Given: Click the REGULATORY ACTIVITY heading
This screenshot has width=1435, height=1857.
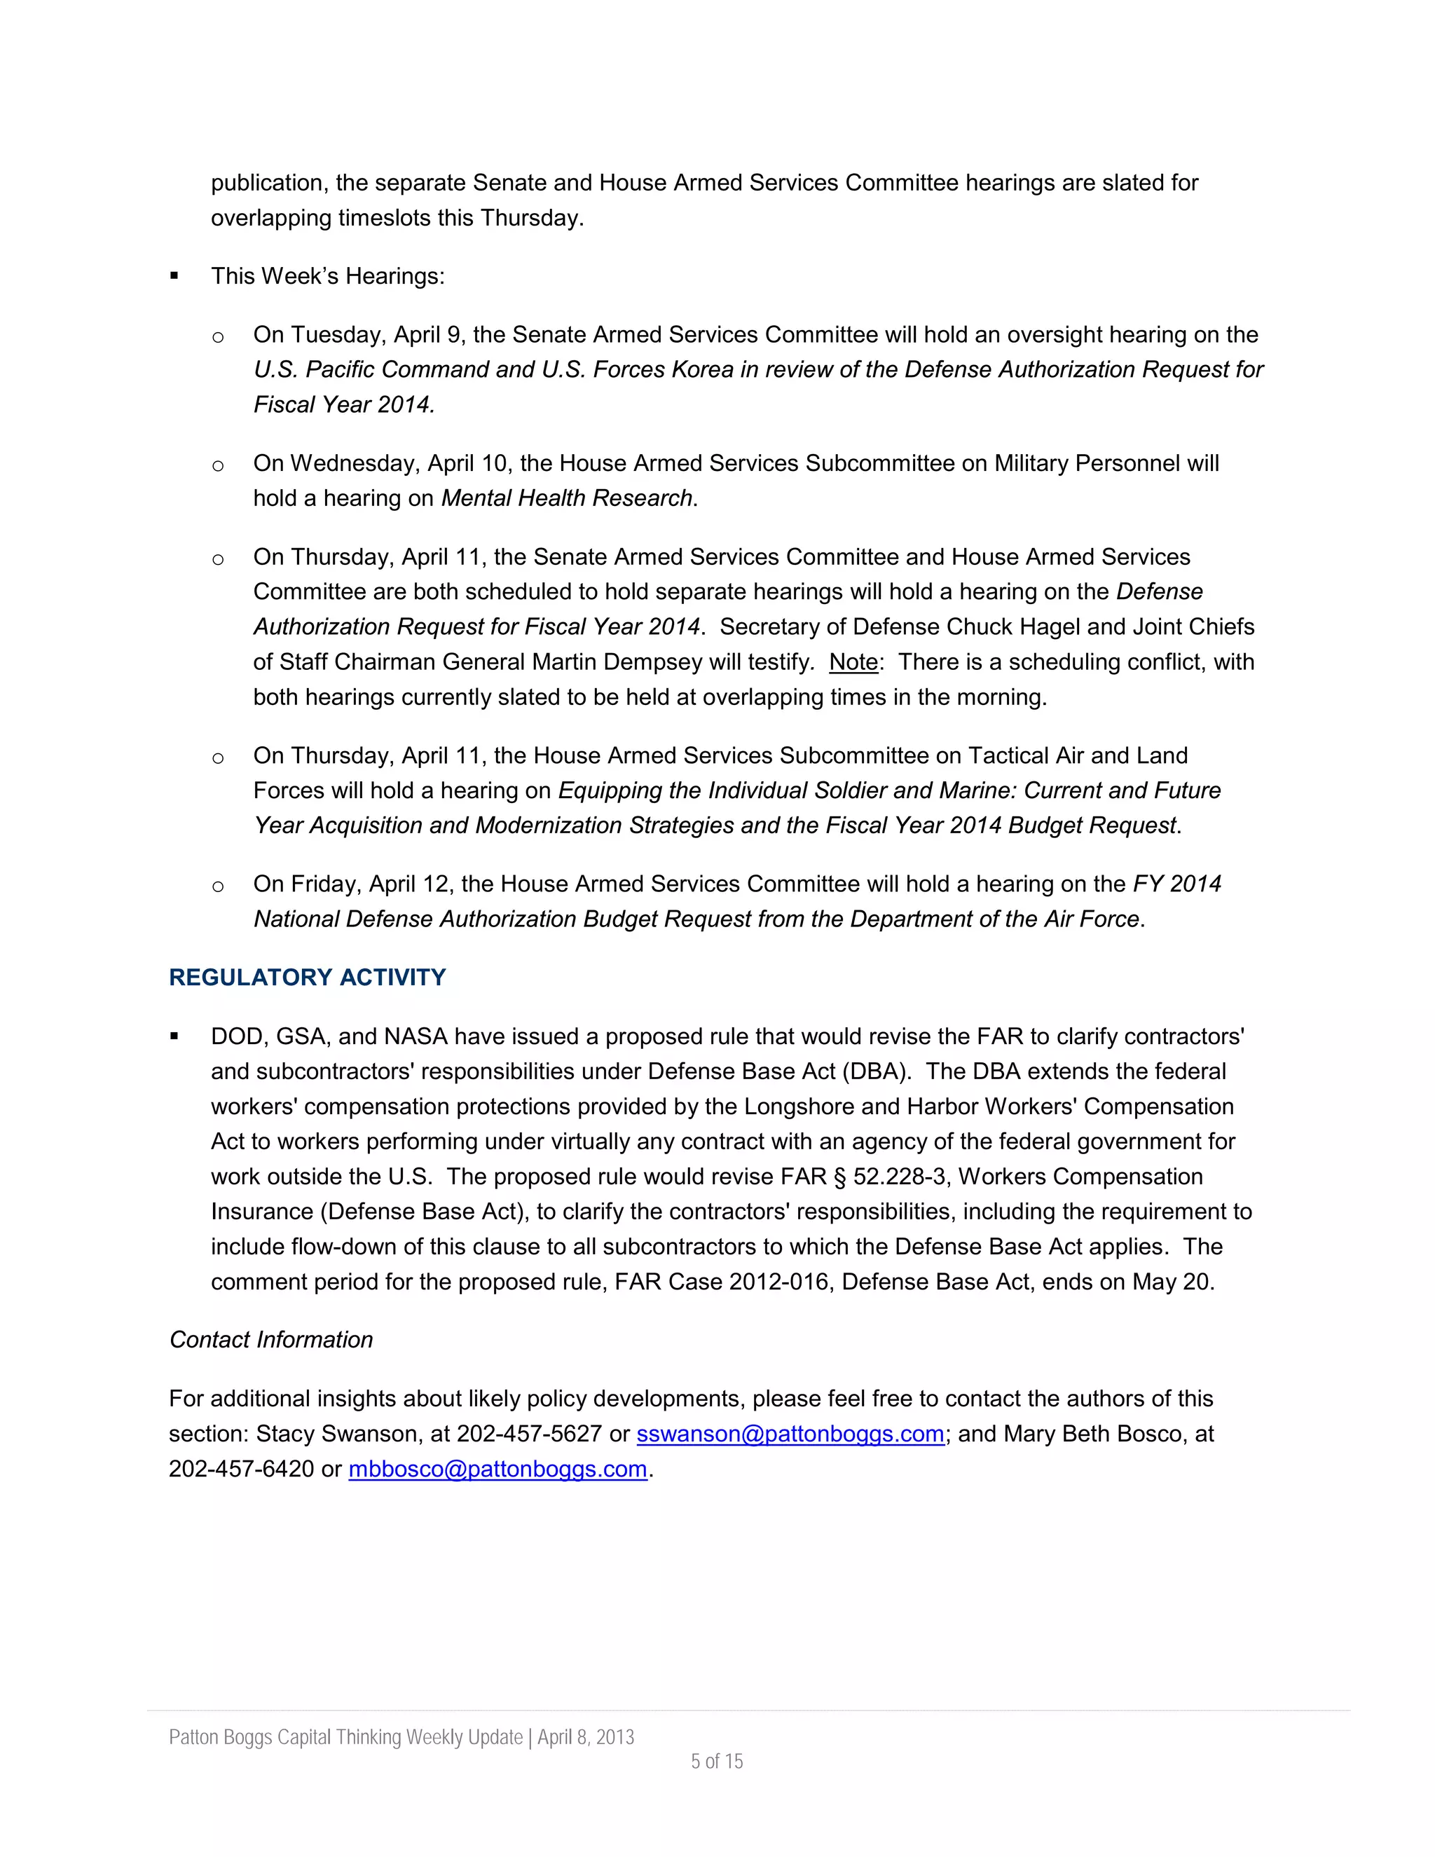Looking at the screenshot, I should (x=307, y=977).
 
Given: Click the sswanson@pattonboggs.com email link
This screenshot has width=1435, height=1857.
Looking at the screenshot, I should (x=790, y=1434).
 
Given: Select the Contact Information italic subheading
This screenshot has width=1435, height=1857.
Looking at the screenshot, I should (x=271, y=1339).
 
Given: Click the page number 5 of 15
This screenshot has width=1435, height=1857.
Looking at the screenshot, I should (x=717, y=1761).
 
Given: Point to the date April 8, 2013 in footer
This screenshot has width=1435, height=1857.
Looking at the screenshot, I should (x=586, y=1737).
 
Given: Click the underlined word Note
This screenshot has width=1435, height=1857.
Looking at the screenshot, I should (x=853, y=662).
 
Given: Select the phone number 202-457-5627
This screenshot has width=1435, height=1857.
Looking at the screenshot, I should (x=529, y=1434).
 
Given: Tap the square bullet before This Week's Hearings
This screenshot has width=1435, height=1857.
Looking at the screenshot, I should (x=174, y=275).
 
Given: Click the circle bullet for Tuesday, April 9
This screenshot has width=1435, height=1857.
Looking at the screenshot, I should (x=218, y=336).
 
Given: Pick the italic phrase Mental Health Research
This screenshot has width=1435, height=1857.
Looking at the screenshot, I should (x=566, y=498).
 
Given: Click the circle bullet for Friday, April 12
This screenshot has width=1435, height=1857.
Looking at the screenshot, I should (x=218, y=886).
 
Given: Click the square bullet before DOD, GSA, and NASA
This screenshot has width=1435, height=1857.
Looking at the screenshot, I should (x=174, y=1036).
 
